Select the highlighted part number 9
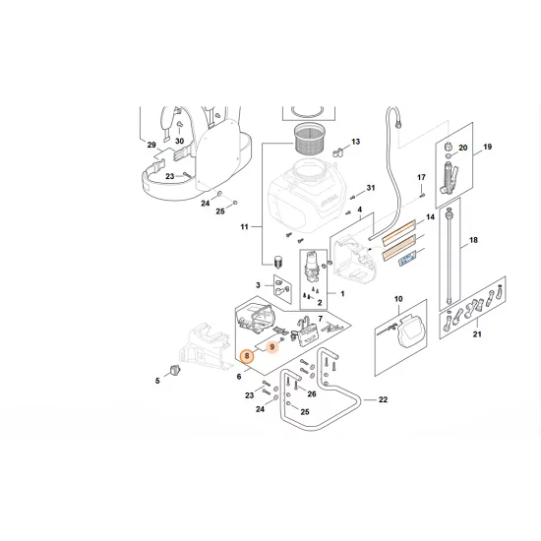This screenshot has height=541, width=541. click(272, 347)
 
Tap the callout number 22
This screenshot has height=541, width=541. click(384, 399)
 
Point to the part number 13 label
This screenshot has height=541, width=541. click(355, 142)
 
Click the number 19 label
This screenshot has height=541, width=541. click(489, 147)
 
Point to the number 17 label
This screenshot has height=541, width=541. click(421, 178)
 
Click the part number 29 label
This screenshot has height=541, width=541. click(151, 146)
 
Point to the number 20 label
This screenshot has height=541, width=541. click(462, 148)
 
